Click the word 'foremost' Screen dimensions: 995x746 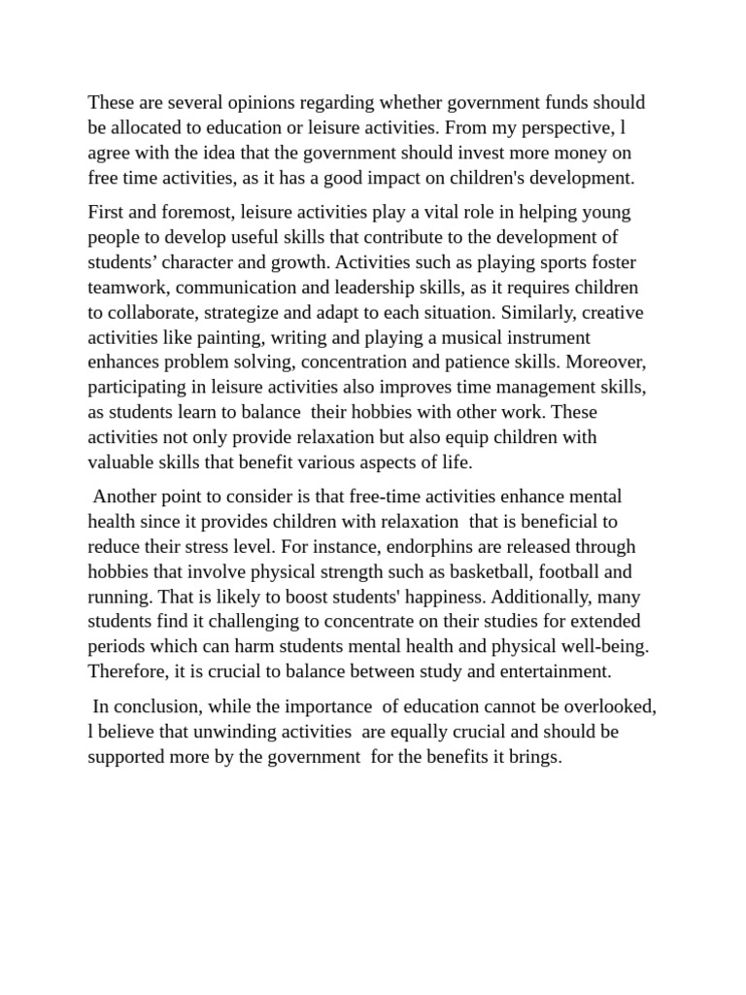click(x=189, y=212)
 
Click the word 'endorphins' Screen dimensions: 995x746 click(x=409, y=546)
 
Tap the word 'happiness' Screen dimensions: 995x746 click(x=408, y=597)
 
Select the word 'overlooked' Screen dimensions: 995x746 click(x=612, y=706)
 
